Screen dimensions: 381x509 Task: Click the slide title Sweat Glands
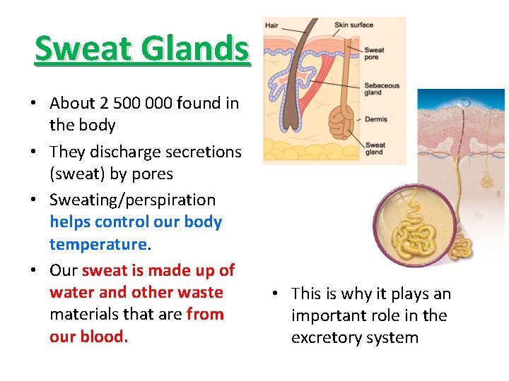[x=142, y=49]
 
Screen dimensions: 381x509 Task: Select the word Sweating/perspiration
[x=132, y=200]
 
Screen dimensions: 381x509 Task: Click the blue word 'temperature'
[x=98, y=244]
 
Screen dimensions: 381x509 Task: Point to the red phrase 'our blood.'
[x=88, y=337]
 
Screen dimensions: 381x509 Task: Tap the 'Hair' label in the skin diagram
[x=271, y=25]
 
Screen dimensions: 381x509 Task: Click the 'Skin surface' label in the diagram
[x=353, y=25]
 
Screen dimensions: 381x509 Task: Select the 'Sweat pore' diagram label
[x=374, y=54]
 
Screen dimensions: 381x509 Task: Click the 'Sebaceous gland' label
[x=382, y=89]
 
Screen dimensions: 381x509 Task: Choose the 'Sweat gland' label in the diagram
[x=375, y=148]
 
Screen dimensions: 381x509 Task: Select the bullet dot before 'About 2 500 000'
[x=34, y=104]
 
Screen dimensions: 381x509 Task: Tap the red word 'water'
[x=70, y=293]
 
